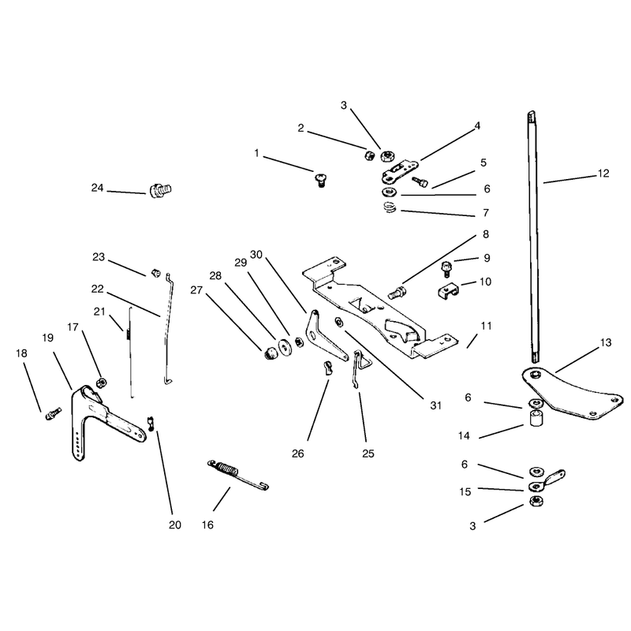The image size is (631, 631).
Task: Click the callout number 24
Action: [97, 188]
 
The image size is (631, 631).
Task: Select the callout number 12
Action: [603, 174]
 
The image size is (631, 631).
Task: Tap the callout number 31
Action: [436, 405]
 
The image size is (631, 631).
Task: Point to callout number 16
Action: [207, 525]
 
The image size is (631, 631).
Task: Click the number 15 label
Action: [465, 491]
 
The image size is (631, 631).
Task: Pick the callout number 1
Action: [257, 153]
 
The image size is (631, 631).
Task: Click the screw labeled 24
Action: [161, 190]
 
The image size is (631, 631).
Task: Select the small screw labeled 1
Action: [321, 180]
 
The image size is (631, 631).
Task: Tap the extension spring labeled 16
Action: [237, 476]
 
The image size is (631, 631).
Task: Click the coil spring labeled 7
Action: [390, 208]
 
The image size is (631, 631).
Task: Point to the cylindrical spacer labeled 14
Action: [535, 418]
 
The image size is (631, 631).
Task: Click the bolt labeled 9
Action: [446, 268]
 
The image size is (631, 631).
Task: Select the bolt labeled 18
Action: [53, 413]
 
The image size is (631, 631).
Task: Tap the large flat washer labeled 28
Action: [286, 348]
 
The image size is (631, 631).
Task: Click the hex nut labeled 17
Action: [102, 382]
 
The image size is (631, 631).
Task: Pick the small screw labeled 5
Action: [420, 182]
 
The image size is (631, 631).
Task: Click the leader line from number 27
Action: [233, 319]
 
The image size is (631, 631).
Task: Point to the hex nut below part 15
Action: [536, 501]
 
